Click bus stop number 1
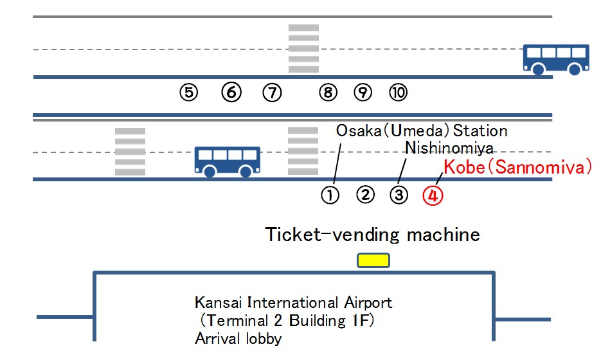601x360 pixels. [x=330, y=195]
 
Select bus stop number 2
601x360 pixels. [x=365, y=194]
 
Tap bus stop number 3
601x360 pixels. [x=399, y=195]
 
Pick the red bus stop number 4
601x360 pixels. [x=433, y=195]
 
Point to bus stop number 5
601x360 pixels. [x=188, y=93]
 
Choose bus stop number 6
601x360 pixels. [x=231, y=93]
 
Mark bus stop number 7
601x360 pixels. [x=273, y=93]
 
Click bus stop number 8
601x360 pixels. [x=328, y=93]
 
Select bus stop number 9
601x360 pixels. [x=363, y=93]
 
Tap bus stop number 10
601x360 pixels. [x=398, y=93]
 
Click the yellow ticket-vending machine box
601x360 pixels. [x=373, y=260]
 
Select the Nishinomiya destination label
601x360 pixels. [x=449, y=148]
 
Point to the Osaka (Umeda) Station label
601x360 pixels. [x=422, y=131]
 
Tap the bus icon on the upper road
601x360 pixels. [x=556, y=59]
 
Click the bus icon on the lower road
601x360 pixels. [x=228, y=161]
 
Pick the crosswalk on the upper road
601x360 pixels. [x=303, y=49]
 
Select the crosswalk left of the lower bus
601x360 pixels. [x=130, y=152]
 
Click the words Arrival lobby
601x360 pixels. [x=238, y=338]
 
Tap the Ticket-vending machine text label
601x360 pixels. [x=373, y=235]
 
